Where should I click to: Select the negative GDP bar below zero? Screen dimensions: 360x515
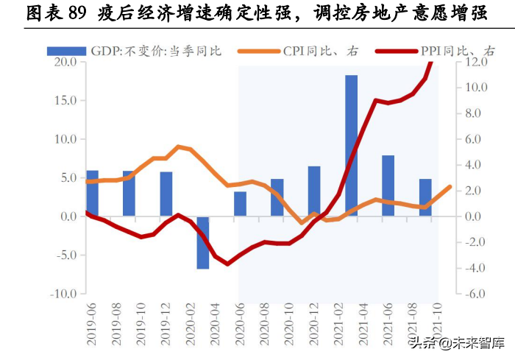(x=203, y=242)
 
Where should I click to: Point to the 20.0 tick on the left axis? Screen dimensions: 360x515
(x=65, y=62)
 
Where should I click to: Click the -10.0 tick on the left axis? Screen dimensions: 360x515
(x=63, y=294)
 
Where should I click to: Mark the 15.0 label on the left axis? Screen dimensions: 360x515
(x=65, y=100)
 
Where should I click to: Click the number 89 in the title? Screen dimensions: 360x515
(x=76, y=13)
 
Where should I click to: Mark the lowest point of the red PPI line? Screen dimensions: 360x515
(x=227, y=264)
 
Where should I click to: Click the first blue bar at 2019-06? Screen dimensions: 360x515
(x=92, y=193)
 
